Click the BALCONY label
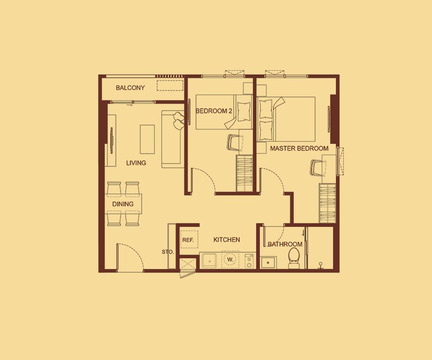(x=130, y=88)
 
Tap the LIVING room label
(x=136, y=163)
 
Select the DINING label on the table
(x=123, y=204)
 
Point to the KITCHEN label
(x=227, y=240)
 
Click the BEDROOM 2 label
(x=214, y=111)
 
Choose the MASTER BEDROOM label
(x=299, y=148)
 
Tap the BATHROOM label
(x=285, y=244)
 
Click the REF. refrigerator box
(x=189, y=240)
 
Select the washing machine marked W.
(x=230, y=259)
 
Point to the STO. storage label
(x=168, y=252)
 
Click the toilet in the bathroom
(x=294, y=258)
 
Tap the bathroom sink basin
(x=268, y=262)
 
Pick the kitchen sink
(x=210, y=261)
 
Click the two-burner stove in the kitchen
(x=249, y=261)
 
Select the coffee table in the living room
(x=147, y=139)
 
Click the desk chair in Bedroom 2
(x=235, y=142)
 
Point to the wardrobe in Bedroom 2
(x=245, y=173)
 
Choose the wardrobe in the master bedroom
(x=327, y=203)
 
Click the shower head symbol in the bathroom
(x=320, y=265)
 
